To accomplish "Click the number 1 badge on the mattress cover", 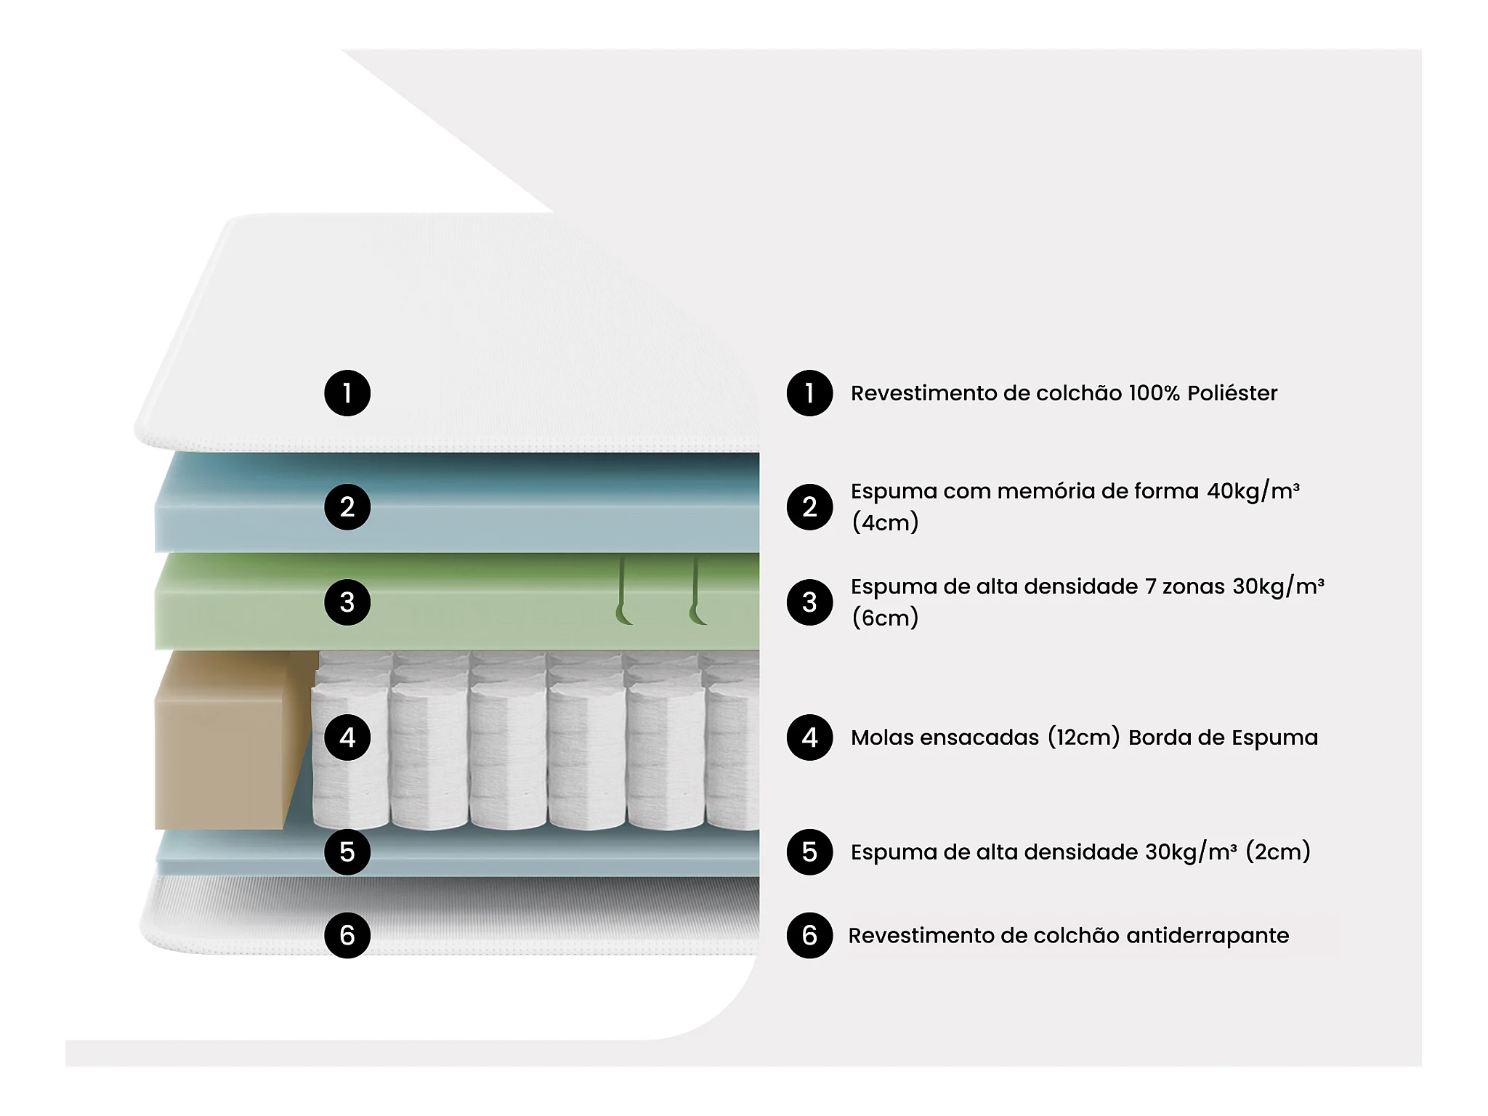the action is point(347,393).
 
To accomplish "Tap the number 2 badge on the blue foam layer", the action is point(347,507).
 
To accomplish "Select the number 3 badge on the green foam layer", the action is point(347,602).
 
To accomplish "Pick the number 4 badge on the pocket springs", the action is point(347,737).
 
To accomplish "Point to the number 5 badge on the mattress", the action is point(347,852).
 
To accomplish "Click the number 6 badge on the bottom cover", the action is point(347,935).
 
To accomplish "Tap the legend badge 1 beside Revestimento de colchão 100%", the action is point(809,393).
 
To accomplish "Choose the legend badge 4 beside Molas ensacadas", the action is point(809,737).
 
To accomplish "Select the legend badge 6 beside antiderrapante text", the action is point(809,935).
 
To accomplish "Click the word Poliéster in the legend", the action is point(1232,393).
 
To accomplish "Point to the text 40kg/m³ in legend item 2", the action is point(1253,492).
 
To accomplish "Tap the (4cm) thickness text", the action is point(885,522).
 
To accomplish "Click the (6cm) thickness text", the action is point(885,618).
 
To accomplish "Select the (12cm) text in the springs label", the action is point(1084,737).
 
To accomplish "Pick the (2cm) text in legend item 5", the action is point(1278,852).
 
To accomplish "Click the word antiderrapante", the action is point(1208,936).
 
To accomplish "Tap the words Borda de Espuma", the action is point(1223,737).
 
